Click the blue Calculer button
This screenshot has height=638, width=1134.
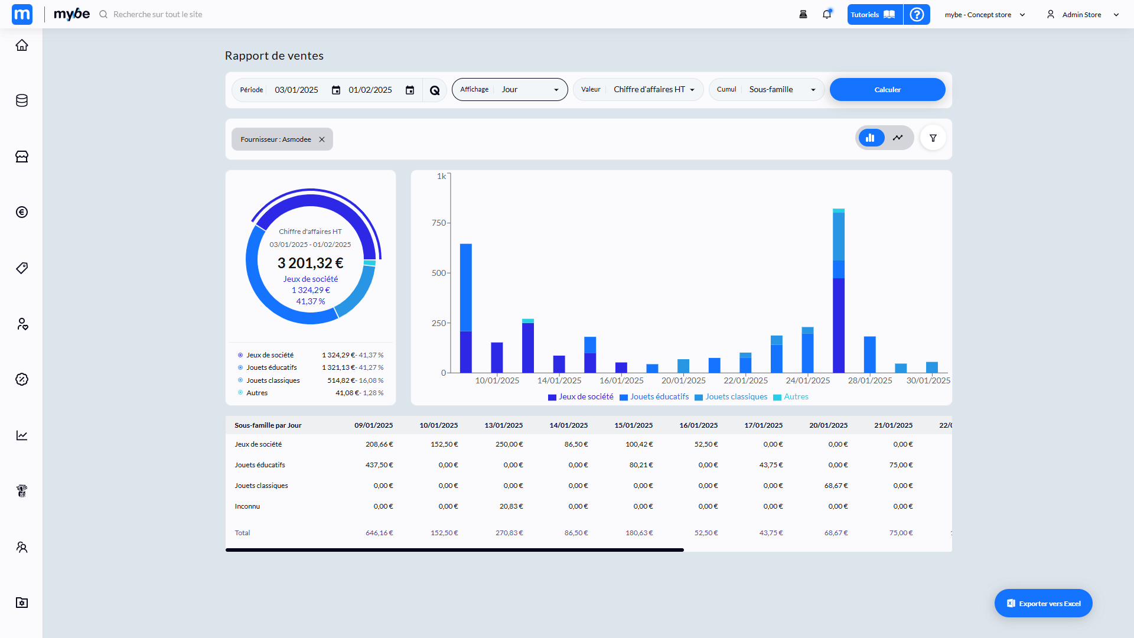(887, 90)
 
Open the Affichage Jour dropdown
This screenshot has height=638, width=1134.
(510, 90)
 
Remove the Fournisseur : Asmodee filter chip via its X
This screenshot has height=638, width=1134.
(322, 139)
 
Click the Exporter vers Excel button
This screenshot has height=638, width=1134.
(1043, 603)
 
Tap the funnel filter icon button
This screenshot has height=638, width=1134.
(933, 138)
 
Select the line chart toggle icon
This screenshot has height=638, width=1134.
(898, 138)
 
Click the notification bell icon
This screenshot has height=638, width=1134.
(827, 15)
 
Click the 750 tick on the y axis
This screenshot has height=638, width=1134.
(439, 223)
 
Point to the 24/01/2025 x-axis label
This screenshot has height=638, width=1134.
(807, 380)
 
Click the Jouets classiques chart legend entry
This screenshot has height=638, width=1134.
(736, 397)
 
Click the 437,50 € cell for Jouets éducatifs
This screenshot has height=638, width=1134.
(379, 465)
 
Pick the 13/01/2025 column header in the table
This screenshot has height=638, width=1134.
(503, 425)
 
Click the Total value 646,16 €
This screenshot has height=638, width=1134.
(379, 533)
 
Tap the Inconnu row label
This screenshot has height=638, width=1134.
(247, 506)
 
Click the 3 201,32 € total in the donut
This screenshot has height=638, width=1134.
(310, 263)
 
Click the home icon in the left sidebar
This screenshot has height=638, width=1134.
(22, 45)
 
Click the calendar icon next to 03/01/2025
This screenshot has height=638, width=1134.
(336, 90)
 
